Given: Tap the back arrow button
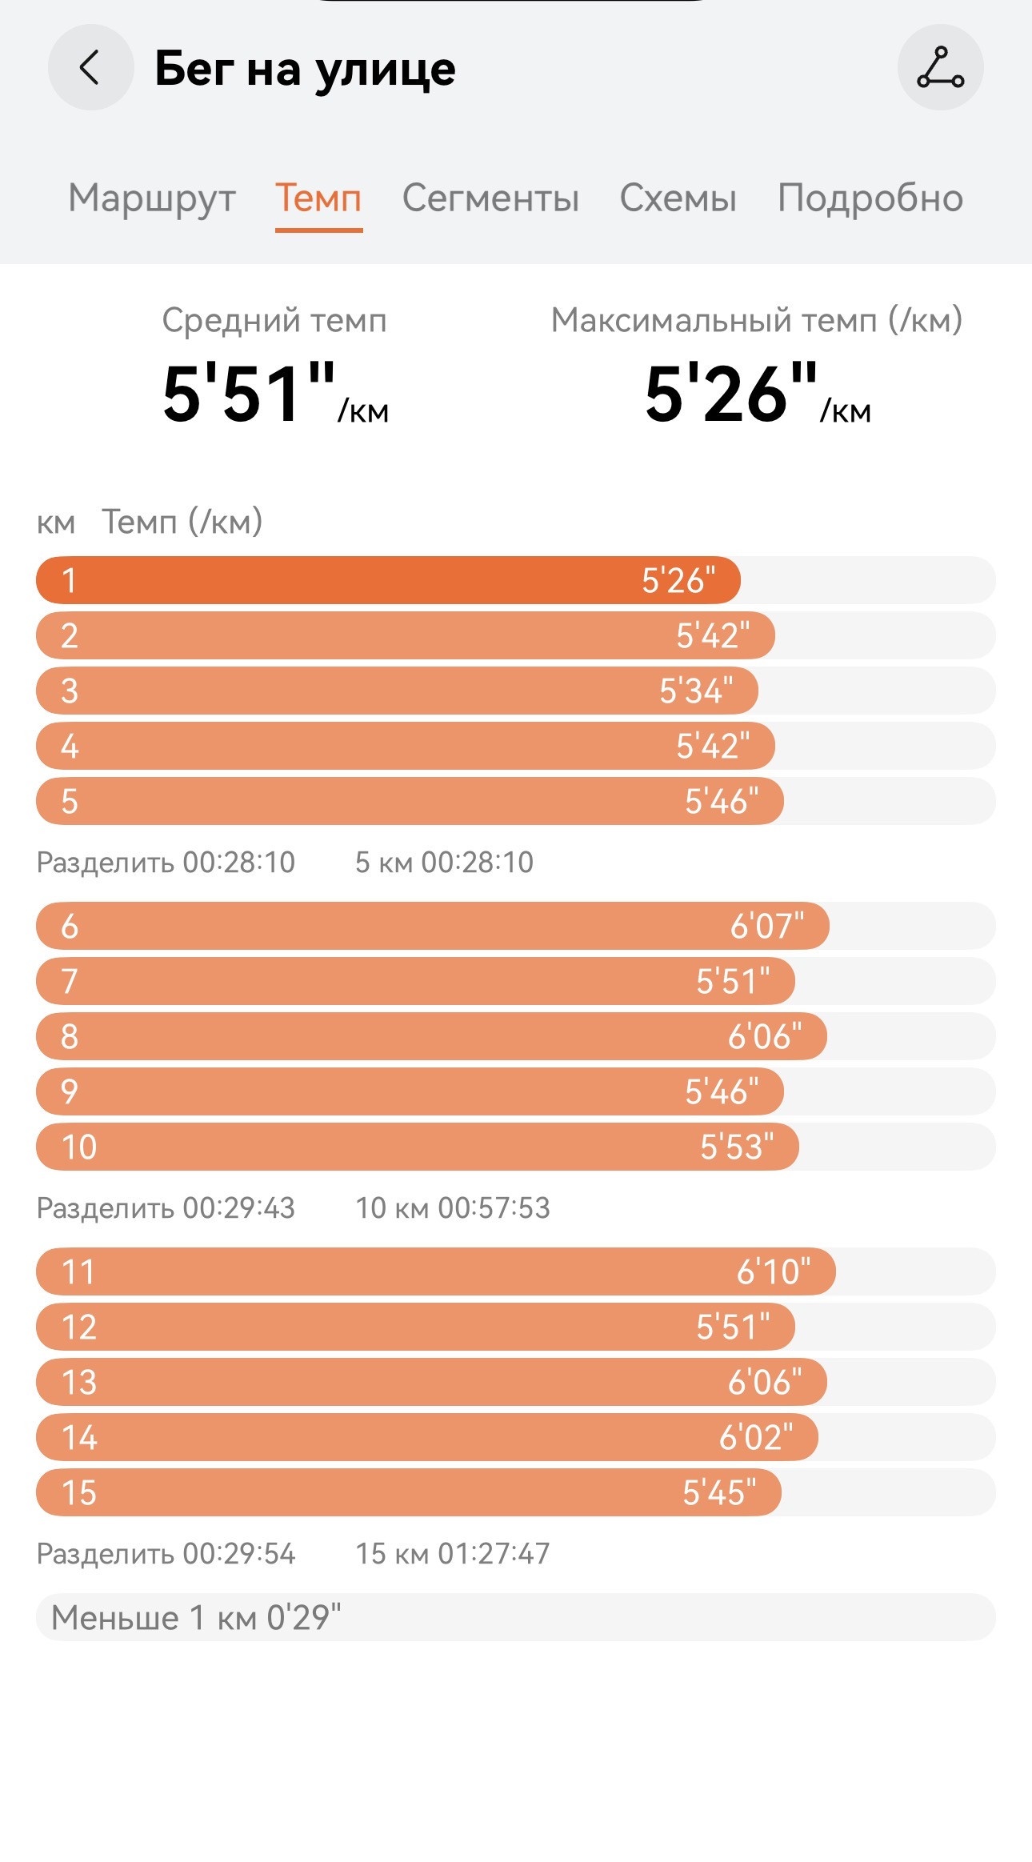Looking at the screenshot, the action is point(90,67).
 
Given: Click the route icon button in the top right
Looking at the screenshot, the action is point(941,67).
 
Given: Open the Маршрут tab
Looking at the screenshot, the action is point(152,198).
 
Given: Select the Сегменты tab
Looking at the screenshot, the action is point(490,198).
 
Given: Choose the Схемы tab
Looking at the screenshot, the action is point(678,198).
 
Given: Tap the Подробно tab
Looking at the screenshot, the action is point(870,198).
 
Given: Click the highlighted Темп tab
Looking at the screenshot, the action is point(318,198).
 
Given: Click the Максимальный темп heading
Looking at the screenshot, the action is point(757,320).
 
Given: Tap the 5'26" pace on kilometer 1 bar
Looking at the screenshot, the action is point(678,580).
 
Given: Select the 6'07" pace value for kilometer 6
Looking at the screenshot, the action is point(767,926).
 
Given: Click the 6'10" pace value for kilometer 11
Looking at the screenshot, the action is point(774,1271).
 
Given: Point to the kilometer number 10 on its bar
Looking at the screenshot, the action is point(79,1147).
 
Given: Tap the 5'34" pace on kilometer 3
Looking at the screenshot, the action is point(696,691).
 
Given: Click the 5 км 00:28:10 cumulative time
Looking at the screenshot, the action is point(444,863).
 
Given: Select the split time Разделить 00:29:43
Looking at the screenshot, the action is point(166,1208).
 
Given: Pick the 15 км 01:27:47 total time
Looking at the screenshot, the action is point(453,1554).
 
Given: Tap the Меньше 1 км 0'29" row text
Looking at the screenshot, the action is point(196,1618).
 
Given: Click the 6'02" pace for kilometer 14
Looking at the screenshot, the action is point(756,1437).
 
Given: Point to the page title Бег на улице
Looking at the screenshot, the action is point(305,69).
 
